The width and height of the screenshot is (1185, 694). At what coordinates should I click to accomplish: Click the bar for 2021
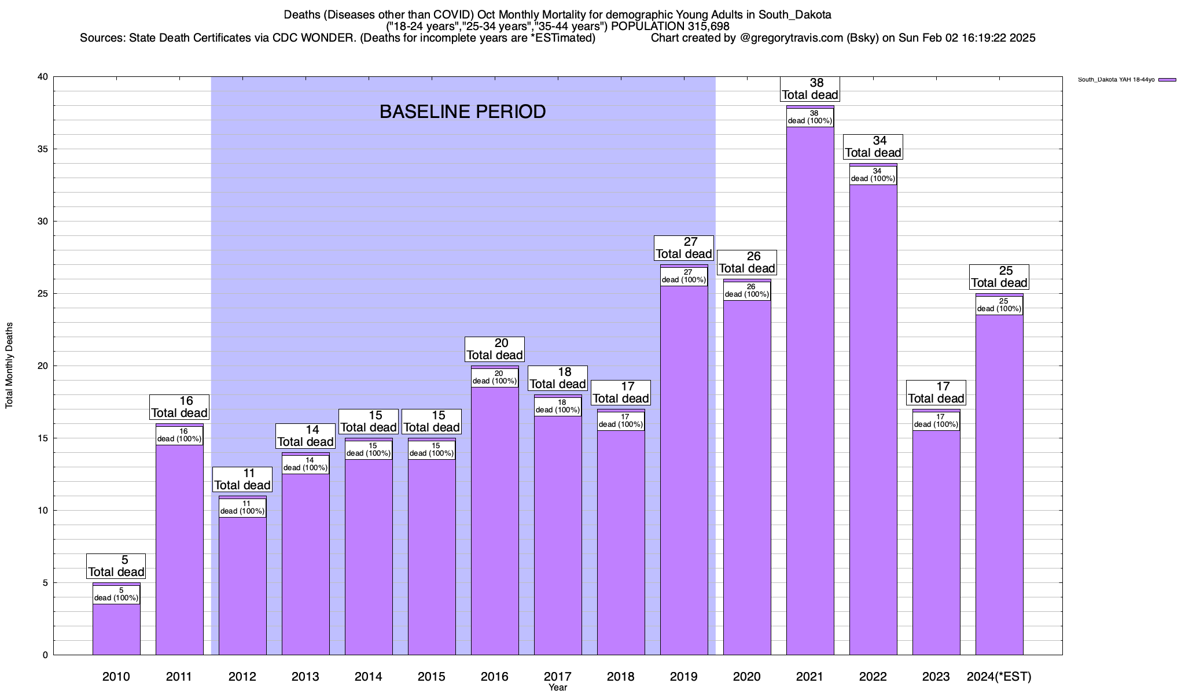810,393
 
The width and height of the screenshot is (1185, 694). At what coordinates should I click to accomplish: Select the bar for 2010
116,630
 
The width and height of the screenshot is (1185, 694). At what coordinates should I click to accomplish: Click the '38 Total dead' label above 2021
810,89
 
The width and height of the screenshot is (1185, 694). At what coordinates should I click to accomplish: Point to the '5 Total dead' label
116,566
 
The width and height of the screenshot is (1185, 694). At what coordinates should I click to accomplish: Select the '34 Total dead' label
873,147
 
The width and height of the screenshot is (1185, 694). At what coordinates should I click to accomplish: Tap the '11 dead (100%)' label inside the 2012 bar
242,507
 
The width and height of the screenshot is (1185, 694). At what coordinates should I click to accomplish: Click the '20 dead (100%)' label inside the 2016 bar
495,377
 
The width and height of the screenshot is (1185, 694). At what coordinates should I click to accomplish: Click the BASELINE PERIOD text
462,112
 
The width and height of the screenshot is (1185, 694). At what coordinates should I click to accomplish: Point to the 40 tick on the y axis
43,77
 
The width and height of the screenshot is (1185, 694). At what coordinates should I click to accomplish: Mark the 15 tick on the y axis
43,438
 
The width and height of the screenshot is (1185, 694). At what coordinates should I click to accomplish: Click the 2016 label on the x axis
495,677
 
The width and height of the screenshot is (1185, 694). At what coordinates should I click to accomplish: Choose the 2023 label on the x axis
936,677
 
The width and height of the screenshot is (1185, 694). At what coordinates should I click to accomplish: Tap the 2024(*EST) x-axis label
999,677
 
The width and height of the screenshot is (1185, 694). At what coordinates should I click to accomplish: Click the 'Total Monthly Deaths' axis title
9,366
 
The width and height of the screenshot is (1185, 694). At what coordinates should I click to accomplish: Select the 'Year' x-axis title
558,688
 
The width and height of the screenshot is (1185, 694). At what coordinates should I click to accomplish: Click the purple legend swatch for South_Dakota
1167,80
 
